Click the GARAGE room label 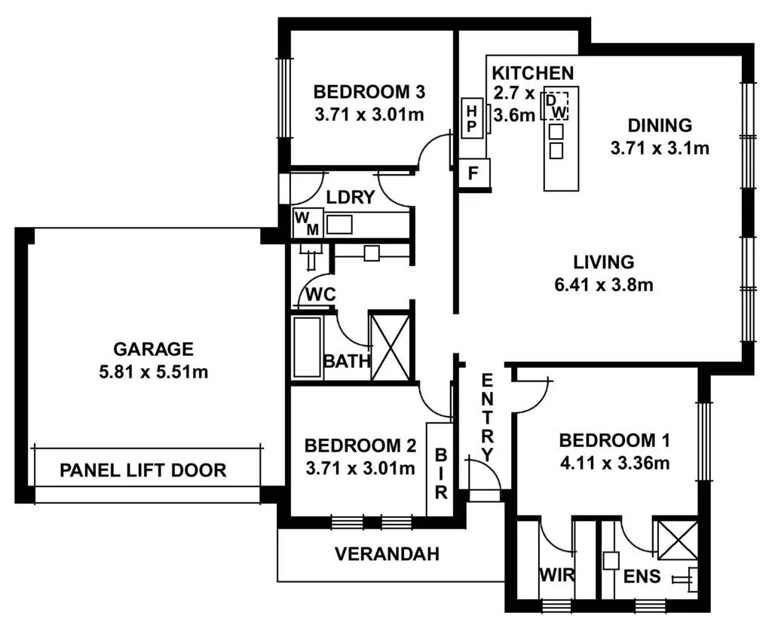pyautogui.click(x=153, y=349)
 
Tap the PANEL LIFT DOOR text pyautogui.click(x=143, y=471)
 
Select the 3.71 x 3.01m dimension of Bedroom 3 pyautogui.click(x=369, y=115)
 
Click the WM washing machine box pyautogui.click(x=307, y=224)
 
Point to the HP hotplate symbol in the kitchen pyautogui.click(x=472, y=118)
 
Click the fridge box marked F pyautogui.click(x=473, y=173)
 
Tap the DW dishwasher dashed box pyautogui.click(x=556, y=106)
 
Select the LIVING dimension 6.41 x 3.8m pyautogui.click(x=603, y=285)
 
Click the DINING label pyautogui.click(x=660, y=125)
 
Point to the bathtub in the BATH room pyautogui.click(x=307, y=347)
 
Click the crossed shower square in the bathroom pyautogui.click(x=391, y=347)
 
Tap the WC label pyautogui.click(x=320, y=295)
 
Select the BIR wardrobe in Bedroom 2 pyautogui.click(x=440, y=470)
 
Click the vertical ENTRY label pyautogui.click(x=487, y=417)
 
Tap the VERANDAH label pyautogui.click(x=387, y=555)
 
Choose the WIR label pyautogui.click(x=556, y=576)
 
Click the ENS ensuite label pyautogui.click(x=642, y=577)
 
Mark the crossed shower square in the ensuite pyautogui.click(x=675, y=540)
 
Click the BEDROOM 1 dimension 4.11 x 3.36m pyautogui.click(x=614, y=462)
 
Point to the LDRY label pyautogui.click(x=351, y=198)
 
